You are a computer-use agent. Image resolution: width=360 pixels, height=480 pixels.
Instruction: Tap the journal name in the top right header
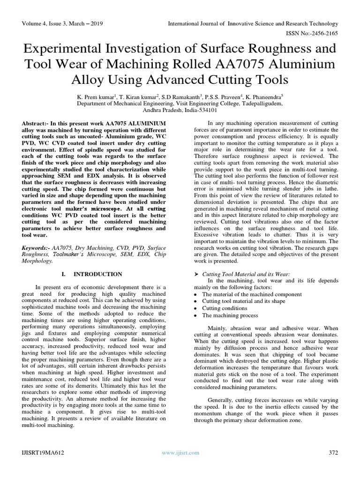(x=254, y=23)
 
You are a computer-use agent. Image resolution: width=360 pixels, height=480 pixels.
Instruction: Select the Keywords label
(x=36, y=246)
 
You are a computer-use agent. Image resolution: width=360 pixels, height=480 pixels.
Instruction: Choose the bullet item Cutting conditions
(x=224, y=308)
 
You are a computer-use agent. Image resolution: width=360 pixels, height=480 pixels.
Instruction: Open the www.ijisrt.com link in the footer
(x=180, y=452)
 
